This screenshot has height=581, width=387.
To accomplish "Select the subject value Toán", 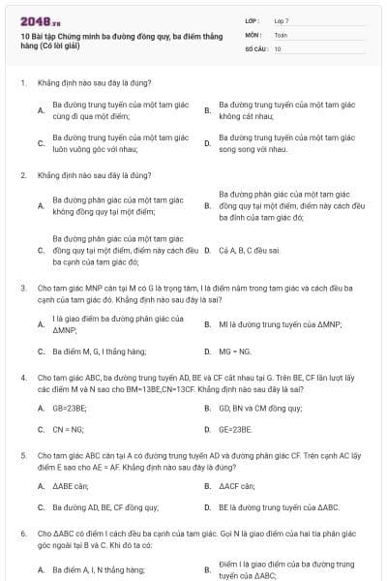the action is pyautogui.click(x=281, y=34).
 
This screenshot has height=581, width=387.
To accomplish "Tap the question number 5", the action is pyautogui.click(x=22, y=453).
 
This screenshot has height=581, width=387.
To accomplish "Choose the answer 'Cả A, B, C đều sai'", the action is pyautogui.click(x=250, y=250).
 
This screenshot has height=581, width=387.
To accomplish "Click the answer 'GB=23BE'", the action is pyautogui.click(x=68, y=409).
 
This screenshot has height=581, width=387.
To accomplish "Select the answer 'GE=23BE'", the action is pyautogui.click(x=235, y=428).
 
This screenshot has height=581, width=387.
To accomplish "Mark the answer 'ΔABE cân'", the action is pyautogui.click(x=71, y=486).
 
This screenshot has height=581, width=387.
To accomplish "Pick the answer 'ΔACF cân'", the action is pyautogui.click(x=236, y=486).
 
